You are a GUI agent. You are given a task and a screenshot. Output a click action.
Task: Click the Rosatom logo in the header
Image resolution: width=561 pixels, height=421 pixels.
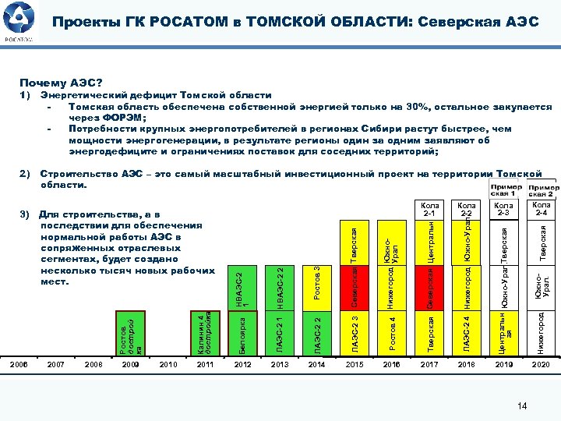(19, 21)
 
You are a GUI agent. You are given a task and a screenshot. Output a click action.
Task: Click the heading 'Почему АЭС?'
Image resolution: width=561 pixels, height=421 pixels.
(61, 81)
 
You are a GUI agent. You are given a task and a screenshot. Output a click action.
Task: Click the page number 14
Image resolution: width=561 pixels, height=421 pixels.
(523, 405)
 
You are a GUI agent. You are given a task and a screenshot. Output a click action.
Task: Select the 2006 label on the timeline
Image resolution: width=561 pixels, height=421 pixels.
(19, 364)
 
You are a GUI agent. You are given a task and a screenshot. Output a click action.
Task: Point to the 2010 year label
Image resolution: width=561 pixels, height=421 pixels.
(168, 364)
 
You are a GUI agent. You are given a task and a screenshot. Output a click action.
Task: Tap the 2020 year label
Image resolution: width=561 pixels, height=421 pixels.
(541, 364)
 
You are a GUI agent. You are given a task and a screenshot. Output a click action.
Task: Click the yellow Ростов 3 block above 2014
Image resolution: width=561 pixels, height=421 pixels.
(316, 281)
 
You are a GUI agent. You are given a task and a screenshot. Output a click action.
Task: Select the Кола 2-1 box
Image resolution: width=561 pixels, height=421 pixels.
(429, 209)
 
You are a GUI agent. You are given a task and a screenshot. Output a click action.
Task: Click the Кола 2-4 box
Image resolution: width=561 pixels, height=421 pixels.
(541, 208)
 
